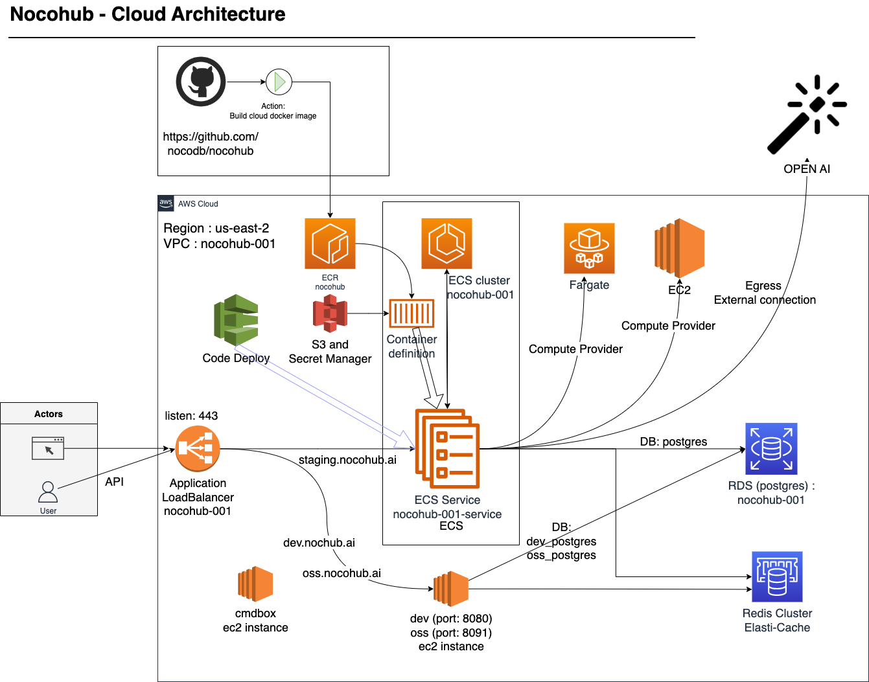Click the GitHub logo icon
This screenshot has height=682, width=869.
(x=201, y=82)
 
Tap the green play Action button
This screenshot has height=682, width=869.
(x=279, y=82)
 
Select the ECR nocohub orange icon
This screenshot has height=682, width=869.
(x=330, y=244)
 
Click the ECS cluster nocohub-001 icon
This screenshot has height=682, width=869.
(x=446, y=244)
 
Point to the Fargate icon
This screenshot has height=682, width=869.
(x=589, y=249)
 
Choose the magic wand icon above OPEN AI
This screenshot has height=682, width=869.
(x=807, y=115)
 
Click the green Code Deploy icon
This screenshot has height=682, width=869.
(x=237, y=320)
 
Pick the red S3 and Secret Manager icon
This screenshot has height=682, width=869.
(x=330, y=313)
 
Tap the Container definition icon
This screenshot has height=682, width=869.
(x=411, y=314)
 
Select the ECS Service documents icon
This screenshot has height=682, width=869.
(x=447, y=448)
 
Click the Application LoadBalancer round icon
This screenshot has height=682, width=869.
(x=198, y=449)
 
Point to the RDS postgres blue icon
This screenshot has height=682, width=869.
(x=771, y=449)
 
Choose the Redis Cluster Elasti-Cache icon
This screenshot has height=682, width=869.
(x=777, y=576)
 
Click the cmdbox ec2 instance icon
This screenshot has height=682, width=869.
(x=255, y=584)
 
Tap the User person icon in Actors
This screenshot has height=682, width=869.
(x=48, y=492)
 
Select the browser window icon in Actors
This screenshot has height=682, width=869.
(x=48, y=448)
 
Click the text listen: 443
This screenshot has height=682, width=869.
(x=191, y=416)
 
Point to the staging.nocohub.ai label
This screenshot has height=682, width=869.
(x=347, y=460)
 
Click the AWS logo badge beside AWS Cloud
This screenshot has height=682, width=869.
(x=166, y=203)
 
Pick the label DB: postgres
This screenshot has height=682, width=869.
(x=673, y=442)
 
